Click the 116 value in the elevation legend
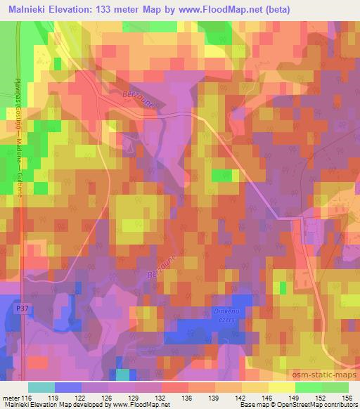click(x=27, y=398)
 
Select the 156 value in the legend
click(x=347, y=398)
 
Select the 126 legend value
click(x=107, y=398)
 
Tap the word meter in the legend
click(x=12, y=398)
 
